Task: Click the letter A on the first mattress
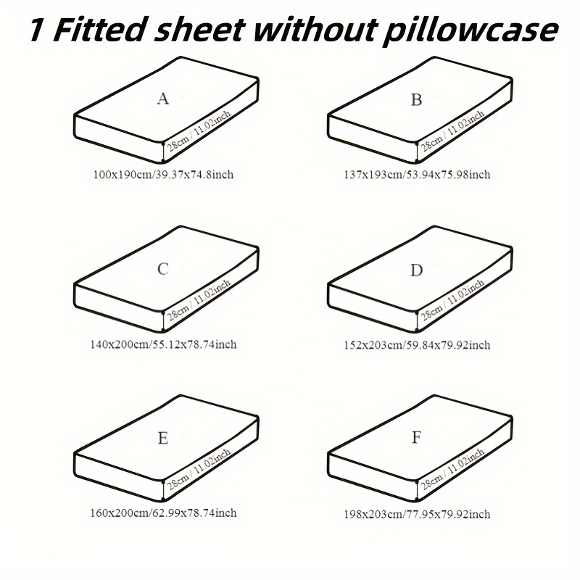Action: point(162,99)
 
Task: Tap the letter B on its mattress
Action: point(416,100)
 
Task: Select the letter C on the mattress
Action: point(162,269)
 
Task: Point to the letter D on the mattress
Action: point(416,270)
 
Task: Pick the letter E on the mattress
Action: point(162,439)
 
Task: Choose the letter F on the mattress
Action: point(416,438)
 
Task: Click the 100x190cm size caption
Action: point(163,174)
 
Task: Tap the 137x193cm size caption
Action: point(417,174)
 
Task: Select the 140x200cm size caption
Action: point(163,344)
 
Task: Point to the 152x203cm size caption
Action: point(417,345)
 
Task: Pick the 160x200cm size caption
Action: point(163,513)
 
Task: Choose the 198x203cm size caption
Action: point(417,514)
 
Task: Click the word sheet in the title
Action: point(200,30)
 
